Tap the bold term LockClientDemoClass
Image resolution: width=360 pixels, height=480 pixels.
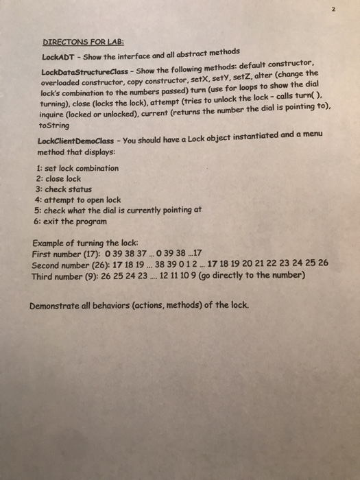point(77,142)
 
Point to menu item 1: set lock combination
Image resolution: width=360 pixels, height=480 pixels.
point(75,169)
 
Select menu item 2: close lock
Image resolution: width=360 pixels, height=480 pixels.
point(57,178)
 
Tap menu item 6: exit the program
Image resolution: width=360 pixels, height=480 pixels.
point(71,222)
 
